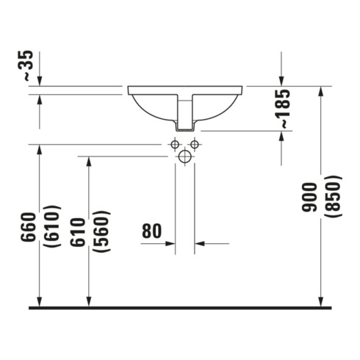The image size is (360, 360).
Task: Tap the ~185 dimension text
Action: point(286,109)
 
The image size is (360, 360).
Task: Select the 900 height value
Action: point(309,197)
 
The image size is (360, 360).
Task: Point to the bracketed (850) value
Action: point(333,196)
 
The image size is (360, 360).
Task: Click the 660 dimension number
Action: point(29,227)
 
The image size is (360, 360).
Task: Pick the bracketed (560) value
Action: point(101,231)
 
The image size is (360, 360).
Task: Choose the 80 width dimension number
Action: point(152,231)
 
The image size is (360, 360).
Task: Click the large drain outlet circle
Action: point(185,156)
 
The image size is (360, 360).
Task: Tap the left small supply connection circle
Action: point(175,145)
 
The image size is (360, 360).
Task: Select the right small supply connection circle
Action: point(195,145)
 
